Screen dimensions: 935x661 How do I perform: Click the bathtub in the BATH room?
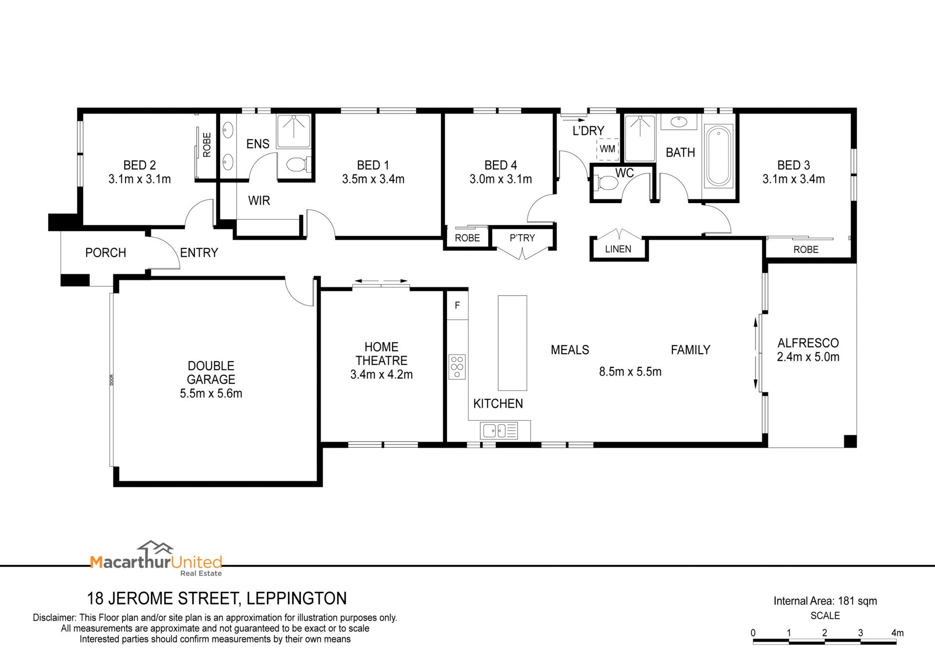click(x=718, y=156)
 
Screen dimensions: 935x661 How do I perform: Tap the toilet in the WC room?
click(x=605, y=183)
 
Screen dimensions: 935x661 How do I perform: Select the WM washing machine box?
click(x=608, y=149)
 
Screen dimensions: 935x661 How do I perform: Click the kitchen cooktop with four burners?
click(x=457, y=367)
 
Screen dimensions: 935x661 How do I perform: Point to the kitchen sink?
click(x=499, y=431)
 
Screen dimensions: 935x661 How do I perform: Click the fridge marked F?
click(x=457, y=305)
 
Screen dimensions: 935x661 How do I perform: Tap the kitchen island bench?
click(x=512, y=343)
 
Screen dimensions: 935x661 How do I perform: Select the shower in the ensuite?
click(x=294, y=131)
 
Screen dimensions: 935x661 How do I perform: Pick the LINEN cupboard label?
click(x=618, y=249)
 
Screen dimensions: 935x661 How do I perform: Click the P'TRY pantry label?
click(x=522, y=238)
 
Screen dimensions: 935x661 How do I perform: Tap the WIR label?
click(x=259, y=200)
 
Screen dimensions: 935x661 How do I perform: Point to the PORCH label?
click(x=106, y=252)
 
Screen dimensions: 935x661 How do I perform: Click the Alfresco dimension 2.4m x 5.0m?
click(x=808, y=357)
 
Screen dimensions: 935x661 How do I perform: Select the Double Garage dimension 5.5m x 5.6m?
click(x=211, y=393)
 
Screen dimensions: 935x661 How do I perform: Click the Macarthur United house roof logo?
click(x=155, y=548)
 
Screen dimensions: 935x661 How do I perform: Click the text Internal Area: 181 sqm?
click(x=825, y=601)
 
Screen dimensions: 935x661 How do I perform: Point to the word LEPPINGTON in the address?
click(x=297, y=598)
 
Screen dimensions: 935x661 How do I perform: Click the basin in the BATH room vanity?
click(x=677, y=121)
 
